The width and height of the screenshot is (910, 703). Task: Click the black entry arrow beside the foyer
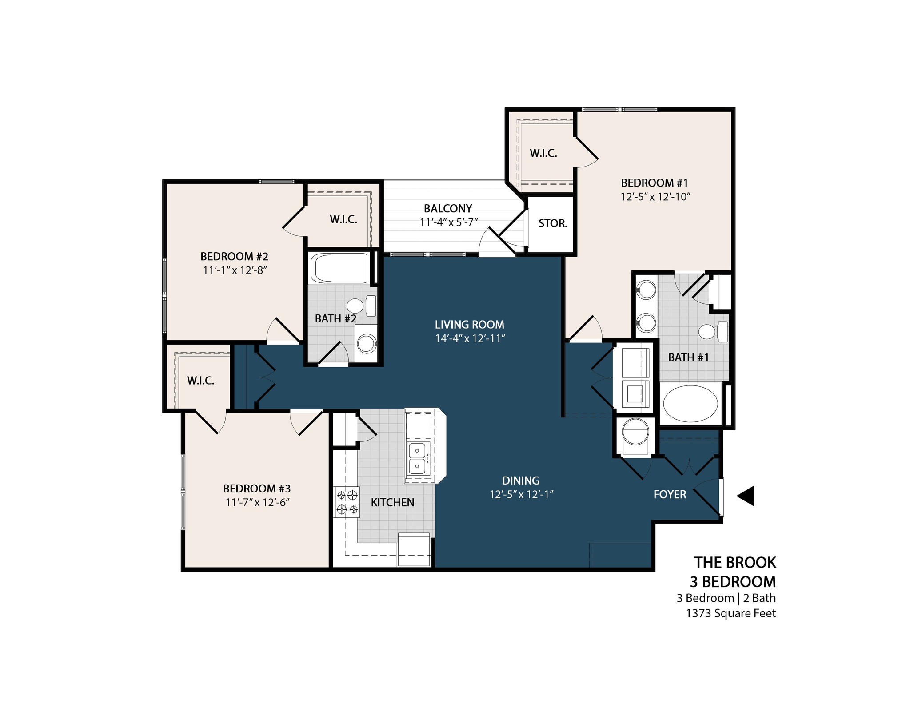coord(746,496)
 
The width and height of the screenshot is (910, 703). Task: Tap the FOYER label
coord(670,494)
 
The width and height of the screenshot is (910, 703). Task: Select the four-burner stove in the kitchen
coord(347,502)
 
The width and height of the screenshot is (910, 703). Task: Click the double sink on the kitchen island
coord(417,459)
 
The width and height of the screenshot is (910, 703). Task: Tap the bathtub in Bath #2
coord(339,268)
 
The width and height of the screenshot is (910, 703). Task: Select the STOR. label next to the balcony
coord(553,223)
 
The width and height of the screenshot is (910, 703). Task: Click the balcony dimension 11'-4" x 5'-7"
coord(448,222)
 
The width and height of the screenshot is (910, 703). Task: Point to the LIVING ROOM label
coord(469,325)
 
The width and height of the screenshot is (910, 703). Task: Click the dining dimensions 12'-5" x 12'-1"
coord(521,494)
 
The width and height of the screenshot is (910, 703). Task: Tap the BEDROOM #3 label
coord(256,489)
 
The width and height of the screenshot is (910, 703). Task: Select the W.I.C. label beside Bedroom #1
coord(543,153)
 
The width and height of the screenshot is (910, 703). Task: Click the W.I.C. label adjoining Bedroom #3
coord(200,381)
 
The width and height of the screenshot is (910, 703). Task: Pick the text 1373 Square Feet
coord(730,613)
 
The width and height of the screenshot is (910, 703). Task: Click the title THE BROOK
coord(735,563)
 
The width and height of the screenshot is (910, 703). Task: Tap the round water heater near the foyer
coord(635,431)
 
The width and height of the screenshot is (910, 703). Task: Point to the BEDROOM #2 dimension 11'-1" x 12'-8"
coord(234,270)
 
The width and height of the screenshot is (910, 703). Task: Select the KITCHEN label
coord(392,502)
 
